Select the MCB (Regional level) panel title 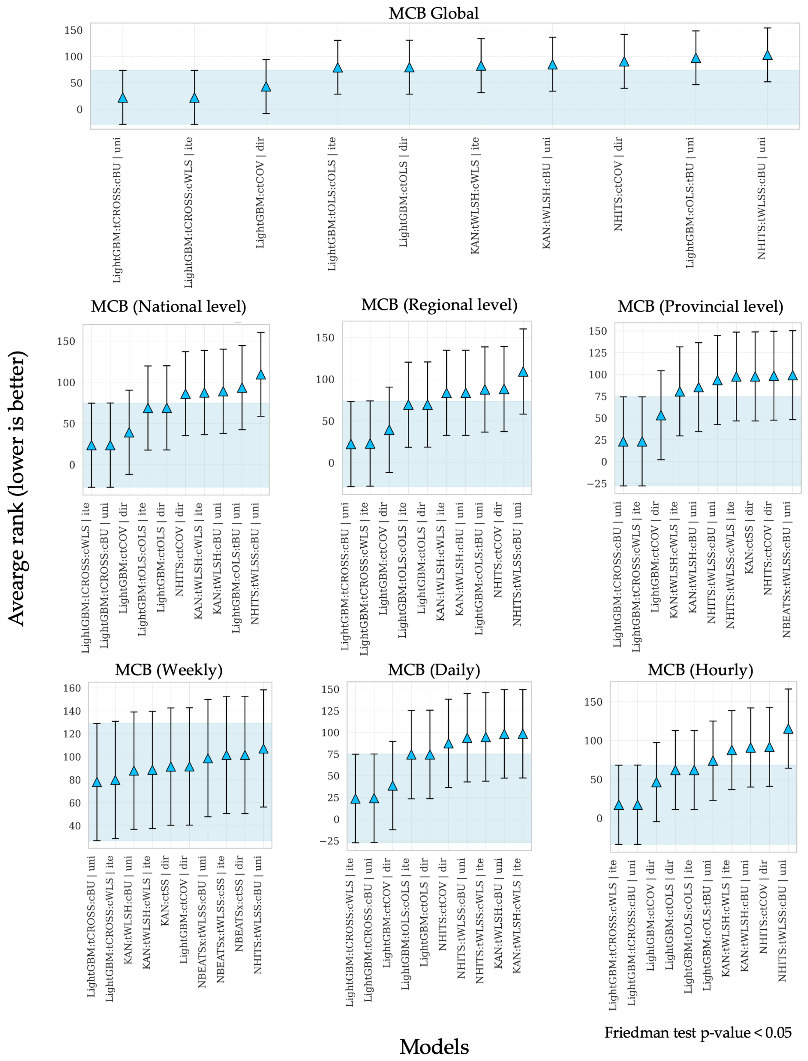(439, 305)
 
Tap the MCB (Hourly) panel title (700, 670)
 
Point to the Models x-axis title (434, 1047)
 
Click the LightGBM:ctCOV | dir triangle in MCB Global (266, 87)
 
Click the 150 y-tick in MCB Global (74, 30)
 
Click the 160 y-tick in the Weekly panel (72, 688)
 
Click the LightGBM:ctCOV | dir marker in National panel (129, 432)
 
